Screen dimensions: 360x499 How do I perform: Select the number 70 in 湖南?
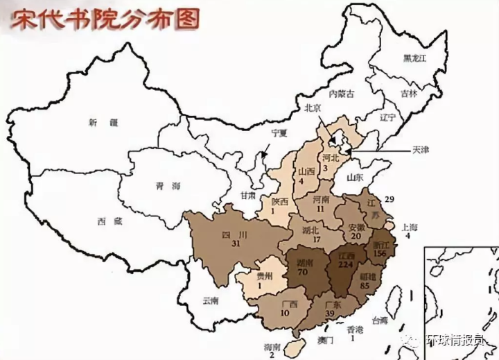[x=302, y=273]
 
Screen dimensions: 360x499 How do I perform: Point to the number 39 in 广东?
[x=332, y=314]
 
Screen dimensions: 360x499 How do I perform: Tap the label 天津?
[x=421, y=149]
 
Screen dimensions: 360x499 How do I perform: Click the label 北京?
[x=314, y=108]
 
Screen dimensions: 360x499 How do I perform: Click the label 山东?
[x=356, y=178]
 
